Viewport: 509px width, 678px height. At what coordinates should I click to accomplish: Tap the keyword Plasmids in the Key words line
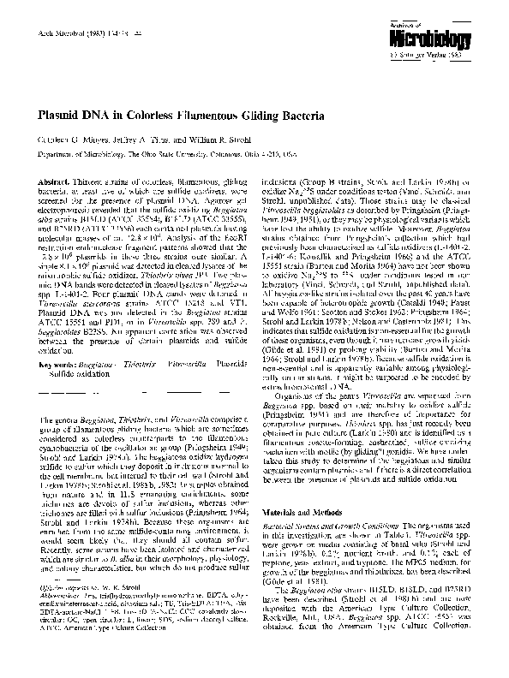pyautogui.click(x=235, y=364)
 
